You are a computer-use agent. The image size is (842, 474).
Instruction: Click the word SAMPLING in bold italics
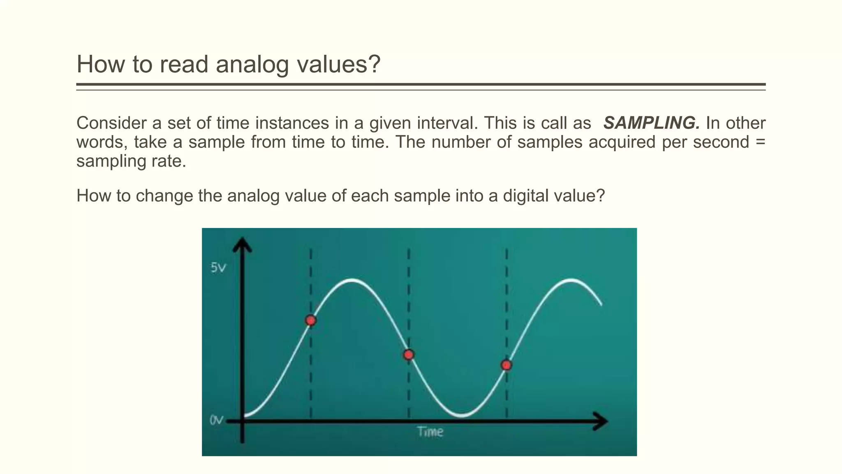coord(651,123)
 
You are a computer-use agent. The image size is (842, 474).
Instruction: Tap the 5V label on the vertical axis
coord(218,268)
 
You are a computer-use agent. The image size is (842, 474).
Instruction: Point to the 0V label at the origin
coord(217,420)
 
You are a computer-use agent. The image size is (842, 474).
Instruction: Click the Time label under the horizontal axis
coord(430,432)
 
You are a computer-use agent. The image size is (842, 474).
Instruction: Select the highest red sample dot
coord(311,321)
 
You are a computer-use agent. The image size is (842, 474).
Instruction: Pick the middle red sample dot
coord(408,355)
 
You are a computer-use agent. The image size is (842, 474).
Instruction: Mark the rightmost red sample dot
coord(507,365)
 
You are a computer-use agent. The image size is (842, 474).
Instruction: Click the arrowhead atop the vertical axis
coord(242,244)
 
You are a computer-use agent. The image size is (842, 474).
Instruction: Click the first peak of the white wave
coord(352,280)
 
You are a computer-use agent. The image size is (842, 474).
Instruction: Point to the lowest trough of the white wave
coord(461,416)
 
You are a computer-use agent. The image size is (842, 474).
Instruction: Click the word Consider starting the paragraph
coord(111,123)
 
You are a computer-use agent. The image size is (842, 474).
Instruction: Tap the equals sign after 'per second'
coord(760,142)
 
